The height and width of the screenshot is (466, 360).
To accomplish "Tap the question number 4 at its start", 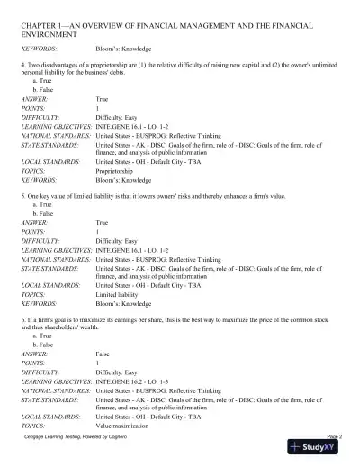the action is coord(21,66).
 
